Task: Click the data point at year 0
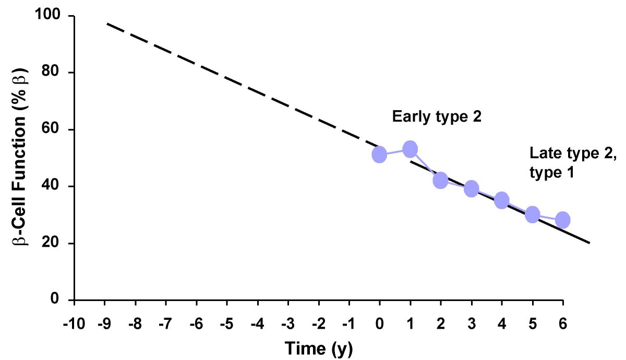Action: [379, 154]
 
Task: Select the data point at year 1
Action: [410, 149]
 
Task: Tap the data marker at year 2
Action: [440, 181]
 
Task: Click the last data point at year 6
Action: [562, 220]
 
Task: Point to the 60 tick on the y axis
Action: [55, 129]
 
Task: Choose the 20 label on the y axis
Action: [55, 243]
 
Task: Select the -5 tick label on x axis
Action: [226, 323]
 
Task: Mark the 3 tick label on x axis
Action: [472, 323]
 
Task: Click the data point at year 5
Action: [532, 214]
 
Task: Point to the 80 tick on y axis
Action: [55, 73]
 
